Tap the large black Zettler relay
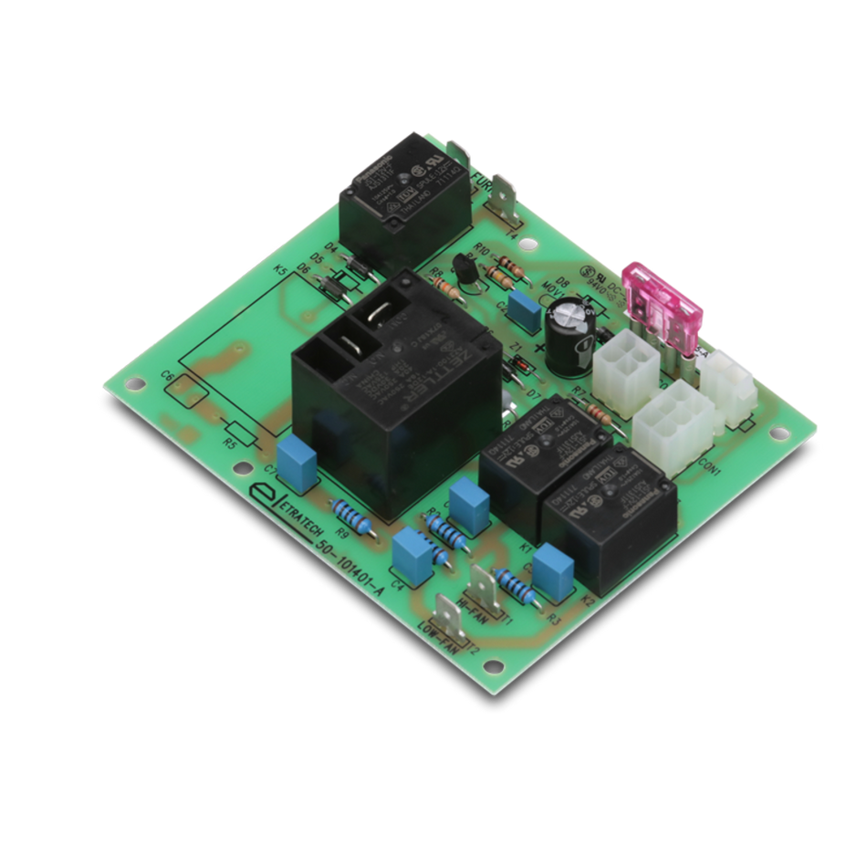pyautogui.click(x=392, y=392)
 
